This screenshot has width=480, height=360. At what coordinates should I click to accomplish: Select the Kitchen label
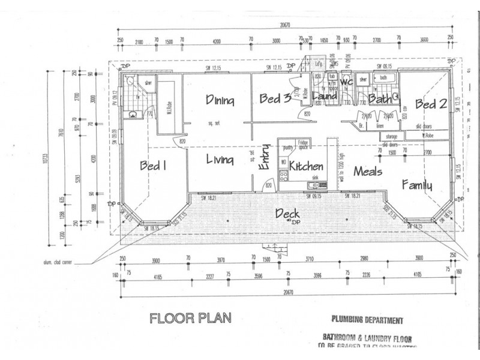[306, 166]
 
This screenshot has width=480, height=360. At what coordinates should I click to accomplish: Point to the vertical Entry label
[263, 161]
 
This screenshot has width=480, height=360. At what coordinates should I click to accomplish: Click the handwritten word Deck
[287, 212]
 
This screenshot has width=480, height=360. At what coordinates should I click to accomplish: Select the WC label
[346, 82]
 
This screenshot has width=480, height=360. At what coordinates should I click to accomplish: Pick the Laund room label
[325, 97]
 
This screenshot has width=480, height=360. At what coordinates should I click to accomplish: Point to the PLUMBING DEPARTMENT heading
[367, 320]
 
